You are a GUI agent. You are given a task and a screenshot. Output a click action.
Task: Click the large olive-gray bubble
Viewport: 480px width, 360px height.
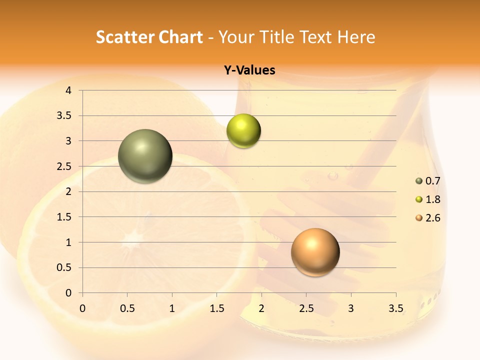(x=145, y=156)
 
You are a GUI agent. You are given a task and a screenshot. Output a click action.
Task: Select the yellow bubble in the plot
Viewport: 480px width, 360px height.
(x=243, y=131)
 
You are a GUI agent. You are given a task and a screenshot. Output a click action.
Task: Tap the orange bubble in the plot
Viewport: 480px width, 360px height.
(x=315, y=252)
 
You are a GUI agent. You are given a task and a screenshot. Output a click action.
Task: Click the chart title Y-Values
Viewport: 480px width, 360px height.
(x=249, y=70)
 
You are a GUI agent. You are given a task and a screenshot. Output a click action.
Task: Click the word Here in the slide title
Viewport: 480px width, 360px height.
(x=356, y=37)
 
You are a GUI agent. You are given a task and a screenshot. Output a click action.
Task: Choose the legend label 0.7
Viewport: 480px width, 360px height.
(x=432, y=181)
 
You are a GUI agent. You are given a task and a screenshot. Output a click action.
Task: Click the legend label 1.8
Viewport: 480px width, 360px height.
(x=432, y=199)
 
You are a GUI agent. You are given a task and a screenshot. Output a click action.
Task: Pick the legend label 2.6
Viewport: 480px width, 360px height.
(x=432, y=218)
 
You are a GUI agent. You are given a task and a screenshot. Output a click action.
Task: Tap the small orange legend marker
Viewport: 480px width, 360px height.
(x=419, y=218)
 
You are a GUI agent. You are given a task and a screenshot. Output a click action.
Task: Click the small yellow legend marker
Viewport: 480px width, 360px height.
(x=419, y=199)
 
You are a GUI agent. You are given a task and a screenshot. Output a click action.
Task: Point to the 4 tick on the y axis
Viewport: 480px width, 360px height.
(x=68, y=90)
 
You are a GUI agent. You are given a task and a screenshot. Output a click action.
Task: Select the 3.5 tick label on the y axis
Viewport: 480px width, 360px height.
(x=64, y=116)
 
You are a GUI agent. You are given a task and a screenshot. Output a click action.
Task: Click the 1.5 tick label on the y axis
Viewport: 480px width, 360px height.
(x=64, y=217)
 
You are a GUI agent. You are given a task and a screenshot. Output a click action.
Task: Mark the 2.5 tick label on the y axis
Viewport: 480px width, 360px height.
(x=64, y=166)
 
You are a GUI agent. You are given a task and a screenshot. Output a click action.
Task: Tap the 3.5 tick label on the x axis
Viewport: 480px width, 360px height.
(x=395, y=308)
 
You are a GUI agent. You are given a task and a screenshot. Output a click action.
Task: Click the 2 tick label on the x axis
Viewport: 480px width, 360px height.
(x=261, y=308)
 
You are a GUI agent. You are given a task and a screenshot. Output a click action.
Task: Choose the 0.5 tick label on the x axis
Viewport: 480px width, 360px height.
(x=127, y=308)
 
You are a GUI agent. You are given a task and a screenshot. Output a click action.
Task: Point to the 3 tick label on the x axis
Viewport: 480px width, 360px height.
(x=351, y=308)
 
